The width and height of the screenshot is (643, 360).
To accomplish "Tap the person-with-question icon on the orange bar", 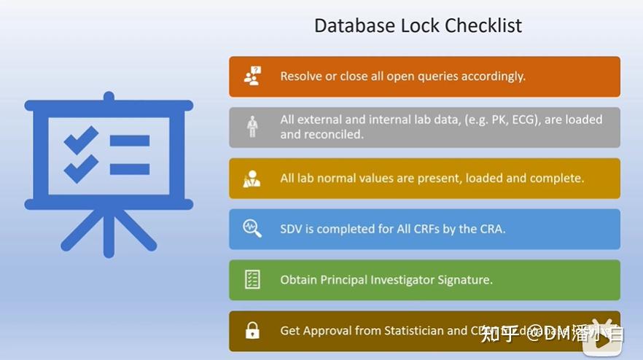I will [x=252, y=76].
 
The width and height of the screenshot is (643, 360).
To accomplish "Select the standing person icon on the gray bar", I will [x=252, y=127].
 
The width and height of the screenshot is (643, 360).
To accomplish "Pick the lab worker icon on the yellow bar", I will [x=252, y=178].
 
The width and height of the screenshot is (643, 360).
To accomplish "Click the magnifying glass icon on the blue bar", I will [x=252, y=229].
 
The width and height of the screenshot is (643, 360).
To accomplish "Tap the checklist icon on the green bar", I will [x=252, y=280].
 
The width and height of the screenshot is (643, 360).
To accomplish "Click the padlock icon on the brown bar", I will [x=252, y=331].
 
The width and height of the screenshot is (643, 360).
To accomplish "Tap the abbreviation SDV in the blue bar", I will [x=292, y=229].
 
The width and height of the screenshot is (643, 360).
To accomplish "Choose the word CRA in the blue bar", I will [x=491, y=229].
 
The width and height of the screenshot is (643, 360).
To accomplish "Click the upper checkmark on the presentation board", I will [x=81, y=138].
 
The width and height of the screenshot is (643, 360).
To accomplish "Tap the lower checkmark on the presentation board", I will [x=81, y=169].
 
